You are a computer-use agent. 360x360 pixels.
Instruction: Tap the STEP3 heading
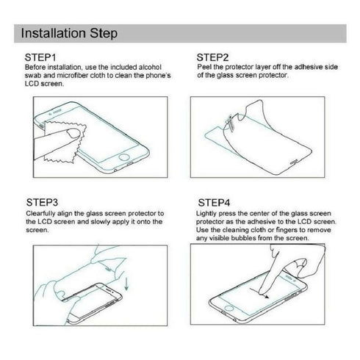pos(42,201)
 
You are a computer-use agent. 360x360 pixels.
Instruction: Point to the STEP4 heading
pos(215,201)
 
